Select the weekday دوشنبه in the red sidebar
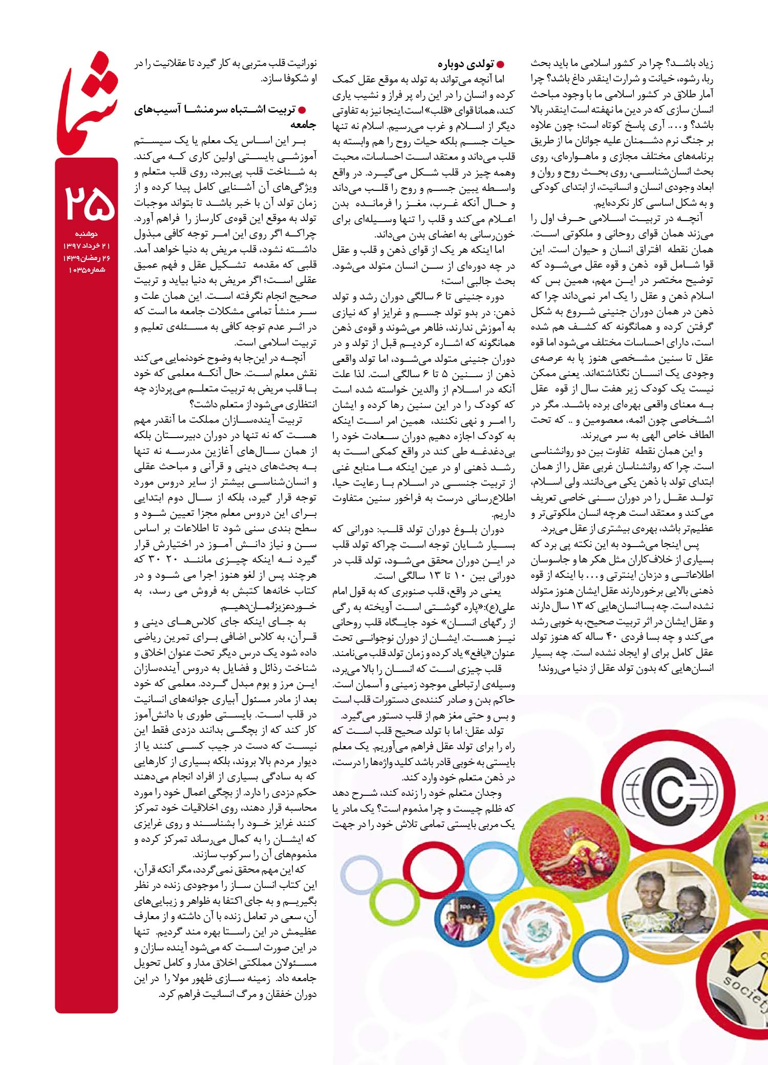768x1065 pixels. [x=86, y=234]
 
